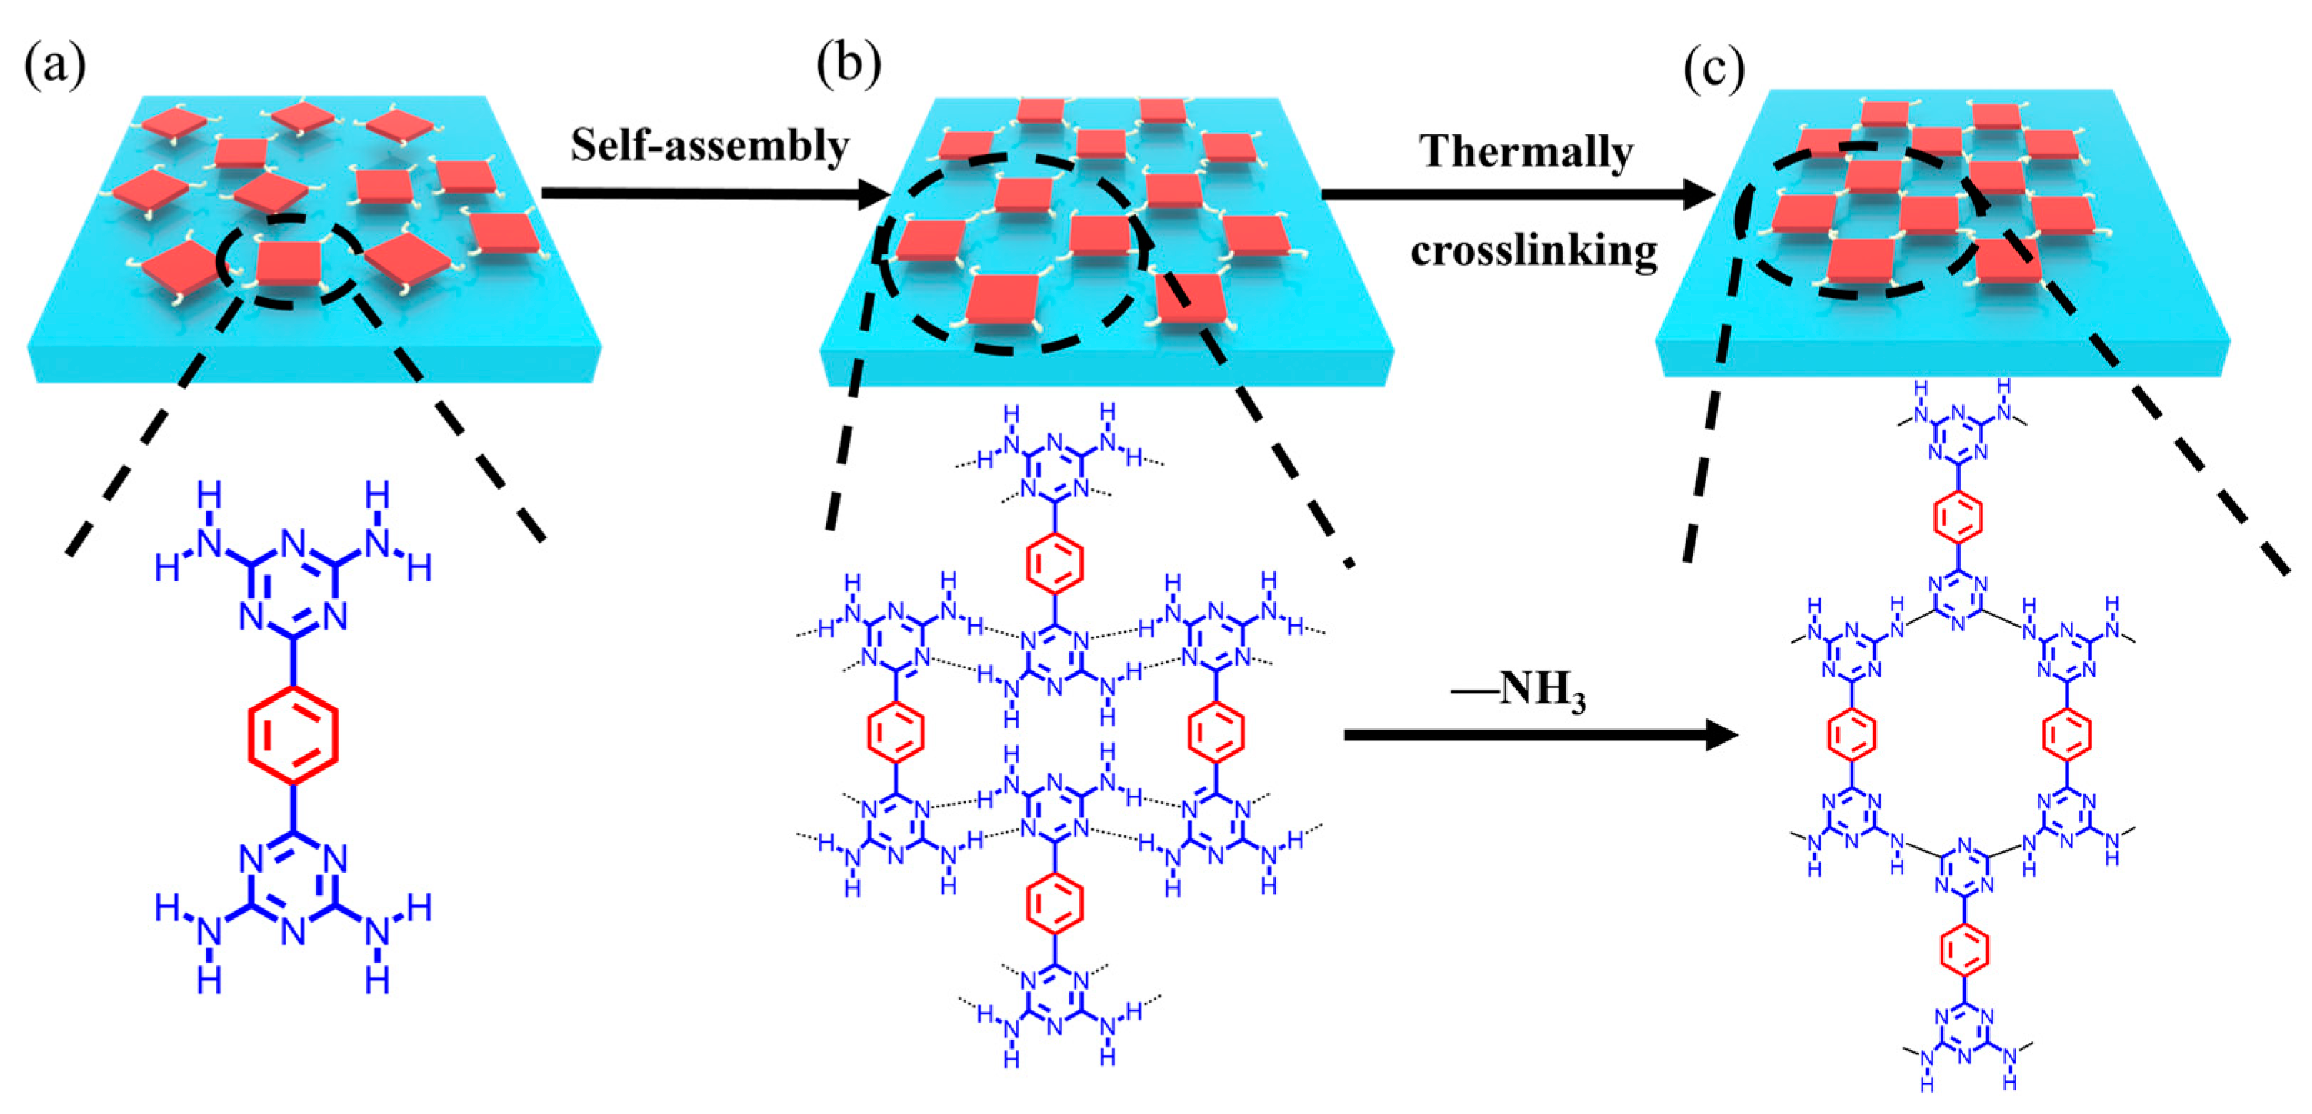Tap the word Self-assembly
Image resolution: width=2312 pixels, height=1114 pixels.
pos(710,146)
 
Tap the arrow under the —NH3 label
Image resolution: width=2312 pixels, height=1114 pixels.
pos(1539,736)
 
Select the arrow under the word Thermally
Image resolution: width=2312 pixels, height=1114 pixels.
pos(1517,193)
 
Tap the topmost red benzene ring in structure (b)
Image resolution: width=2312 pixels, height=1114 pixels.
pos(1055,563)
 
